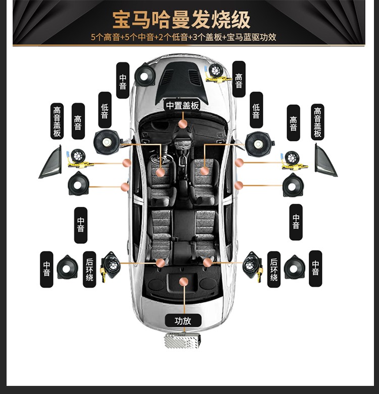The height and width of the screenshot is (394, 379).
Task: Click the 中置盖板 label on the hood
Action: click(182, 106)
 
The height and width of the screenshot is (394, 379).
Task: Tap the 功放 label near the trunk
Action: click(183, 321)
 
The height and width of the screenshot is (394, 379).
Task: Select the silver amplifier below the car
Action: click(182, 340)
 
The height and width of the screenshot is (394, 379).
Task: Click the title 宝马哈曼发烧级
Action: click(181, 20)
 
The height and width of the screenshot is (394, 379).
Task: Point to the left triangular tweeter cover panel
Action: click(52, 162)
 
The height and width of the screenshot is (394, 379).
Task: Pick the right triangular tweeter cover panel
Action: click(325, 161)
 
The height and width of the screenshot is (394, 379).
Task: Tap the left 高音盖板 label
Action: click(57, 121)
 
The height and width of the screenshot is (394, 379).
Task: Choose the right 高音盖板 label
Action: click(317, 122)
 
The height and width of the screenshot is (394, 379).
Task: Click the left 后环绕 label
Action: click(89, 270)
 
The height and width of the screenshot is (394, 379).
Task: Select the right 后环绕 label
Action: click(274, 270)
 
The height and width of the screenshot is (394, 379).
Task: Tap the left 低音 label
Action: click(105, 110)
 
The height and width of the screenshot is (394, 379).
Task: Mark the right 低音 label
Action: click(256, 110)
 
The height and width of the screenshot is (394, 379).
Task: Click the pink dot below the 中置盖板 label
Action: click(183, 124)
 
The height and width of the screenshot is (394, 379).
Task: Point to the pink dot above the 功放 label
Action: click(184, 282)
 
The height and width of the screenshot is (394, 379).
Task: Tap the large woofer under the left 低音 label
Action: click(108, 143)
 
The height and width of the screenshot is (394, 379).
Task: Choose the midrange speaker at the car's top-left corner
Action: click(145, 75)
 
